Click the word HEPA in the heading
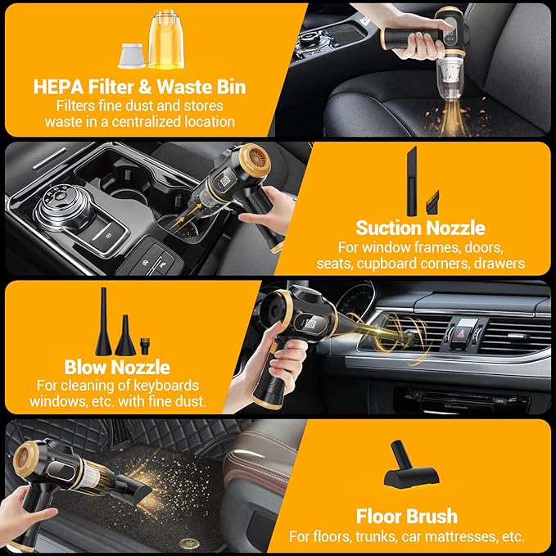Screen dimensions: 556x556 58,88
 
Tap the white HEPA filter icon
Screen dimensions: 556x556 132,56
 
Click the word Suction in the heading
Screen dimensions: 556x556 388,228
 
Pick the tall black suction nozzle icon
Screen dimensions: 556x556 412,181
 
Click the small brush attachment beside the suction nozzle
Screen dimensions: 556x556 433,202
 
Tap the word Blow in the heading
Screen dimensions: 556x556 84,368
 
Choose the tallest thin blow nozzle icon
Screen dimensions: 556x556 103,321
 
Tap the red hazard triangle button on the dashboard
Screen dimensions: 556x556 465,332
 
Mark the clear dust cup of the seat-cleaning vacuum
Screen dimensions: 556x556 449,77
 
